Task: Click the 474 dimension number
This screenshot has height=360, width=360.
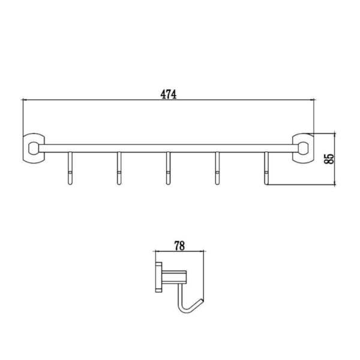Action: pyautogui.click(x=169, y=94)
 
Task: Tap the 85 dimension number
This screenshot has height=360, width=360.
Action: pyautogui.click(x=329, y=158)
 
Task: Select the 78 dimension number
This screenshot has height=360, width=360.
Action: pyautogui.click(x=179, y=246)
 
